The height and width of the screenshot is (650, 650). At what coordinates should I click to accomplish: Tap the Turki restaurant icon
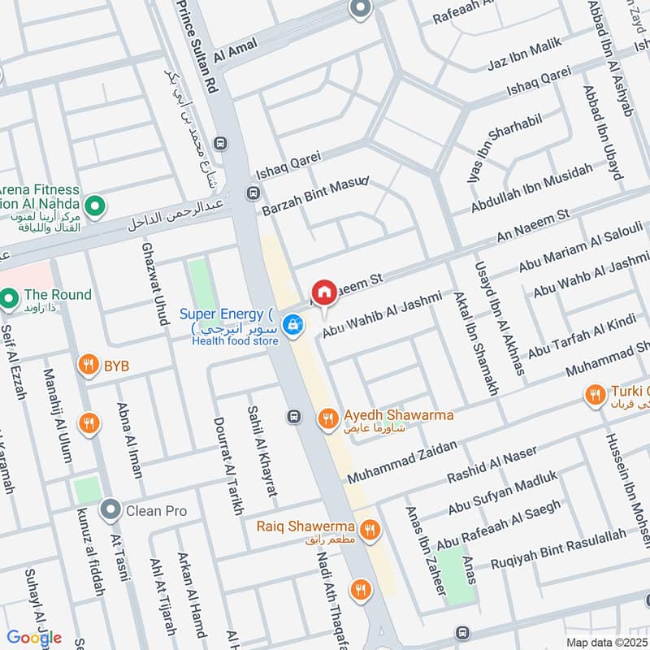coord(596,395)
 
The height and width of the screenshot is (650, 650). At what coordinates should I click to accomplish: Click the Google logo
coord(35,637)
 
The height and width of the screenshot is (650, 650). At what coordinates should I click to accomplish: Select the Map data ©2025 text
coord(607,643)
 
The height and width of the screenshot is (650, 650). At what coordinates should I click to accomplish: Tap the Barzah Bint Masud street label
coord(315,196)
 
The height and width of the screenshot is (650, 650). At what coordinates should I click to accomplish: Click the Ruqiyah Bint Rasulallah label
coord(559,546)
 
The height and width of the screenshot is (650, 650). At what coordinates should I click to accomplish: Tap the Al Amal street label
coord(236,51)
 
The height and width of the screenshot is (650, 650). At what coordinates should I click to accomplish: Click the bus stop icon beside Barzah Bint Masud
coord(253,194)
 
